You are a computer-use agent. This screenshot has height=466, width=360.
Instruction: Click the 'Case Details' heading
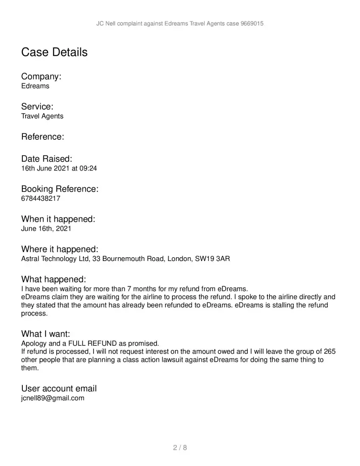pyautogui.click(x=54, y=52)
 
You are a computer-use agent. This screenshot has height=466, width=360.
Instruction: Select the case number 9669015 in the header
pyautogui.click(x=252, y=23)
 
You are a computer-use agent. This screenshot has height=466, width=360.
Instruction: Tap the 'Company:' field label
pyautogui.click(x=41, y=76)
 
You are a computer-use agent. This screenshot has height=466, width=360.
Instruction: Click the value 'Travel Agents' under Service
pyautogui.click(x=42, y=116)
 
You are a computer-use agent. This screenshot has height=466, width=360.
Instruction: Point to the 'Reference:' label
pyautogui.click(x=42, y=137)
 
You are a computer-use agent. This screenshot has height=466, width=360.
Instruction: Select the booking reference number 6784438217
pyautogui.click(x=41, y=199)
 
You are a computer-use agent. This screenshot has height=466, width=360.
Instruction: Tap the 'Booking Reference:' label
pyautogui.click(x=60, y=189)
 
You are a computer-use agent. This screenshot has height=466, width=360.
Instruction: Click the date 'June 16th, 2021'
pyautogui.click(x=46, y=229)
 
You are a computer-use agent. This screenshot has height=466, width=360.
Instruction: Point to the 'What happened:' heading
pyautogui.click(x=54, y=280)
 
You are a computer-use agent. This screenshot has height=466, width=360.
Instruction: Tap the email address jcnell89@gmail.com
pyautogui.click(x=53, y=398)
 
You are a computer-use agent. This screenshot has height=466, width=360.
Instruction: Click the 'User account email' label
pyautogui.click(x=59, y=389)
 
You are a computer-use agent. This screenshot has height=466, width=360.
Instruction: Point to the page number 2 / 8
pyautogui.click(x=180, y=448)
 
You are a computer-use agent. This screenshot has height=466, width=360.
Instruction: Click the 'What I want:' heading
pyautogui.click(x=46, y=334)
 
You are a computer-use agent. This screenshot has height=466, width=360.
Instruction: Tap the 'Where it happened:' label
pyautogui.click(x=60, y=249)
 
